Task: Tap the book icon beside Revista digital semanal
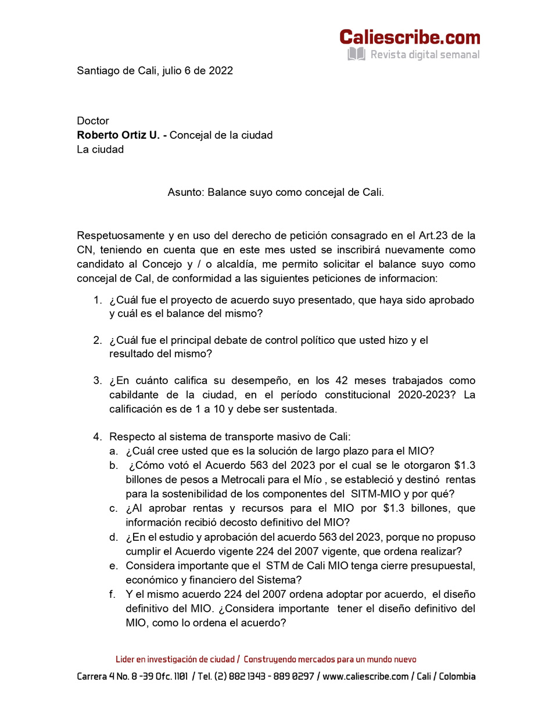356,55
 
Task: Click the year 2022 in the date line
220,71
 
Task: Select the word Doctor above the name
93,121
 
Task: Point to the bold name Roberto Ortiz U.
118,135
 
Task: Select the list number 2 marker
98,340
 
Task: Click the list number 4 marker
98,437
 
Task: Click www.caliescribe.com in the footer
365,677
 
